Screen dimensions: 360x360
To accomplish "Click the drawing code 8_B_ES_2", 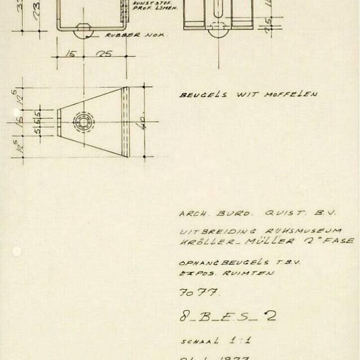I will [x=228, y=316].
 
